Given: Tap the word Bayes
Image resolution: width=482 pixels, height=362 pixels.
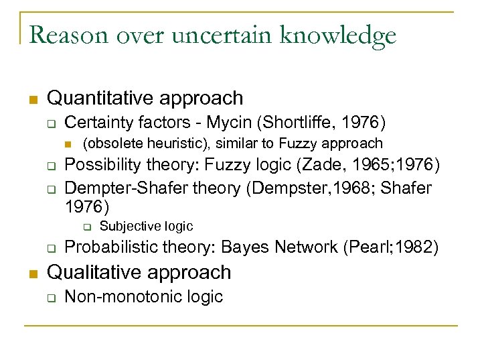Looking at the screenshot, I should click(x=246, y=247).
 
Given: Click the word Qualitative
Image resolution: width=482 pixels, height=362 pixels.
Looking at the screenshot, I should click(x=90, y=272).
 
